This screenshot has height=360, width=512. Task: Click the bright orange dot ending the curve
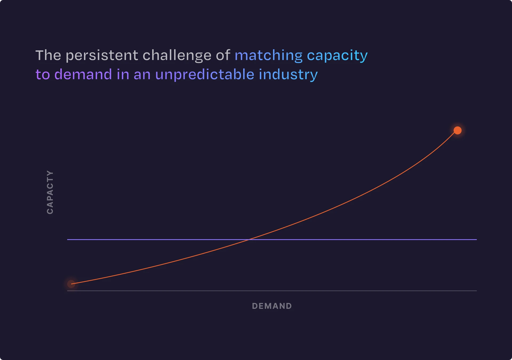pyautogui.click(x=458, y=130)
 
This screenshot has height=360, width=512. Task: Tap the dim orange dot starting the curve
pyautogui.click(x=71, y=284)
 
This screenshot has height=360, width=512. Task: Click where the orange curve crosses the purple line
pyautogui.click(x=249, y=239)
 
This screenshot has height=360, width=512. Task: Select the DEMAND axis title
pyautogui.click(x=272, y=306)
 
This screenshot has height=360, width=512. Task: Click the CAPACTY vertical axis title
pyautogui.click(x=50, y=192)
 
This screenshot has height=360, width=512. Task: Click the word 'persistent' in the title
pyautogui.click(x=102, y=55)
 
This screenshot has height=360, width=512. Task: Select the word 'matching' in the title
pyautogui.click(x=269, y=55)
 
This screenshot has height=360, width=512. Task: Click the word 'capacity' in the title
pyautogui.click(x=337, y=55)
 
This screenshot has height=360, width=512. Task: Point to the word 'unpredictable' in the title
pyautogui.click(x=205, y=74)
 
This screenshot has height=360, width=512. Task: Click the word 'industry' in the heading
pyautogui.click(x=288, y=74)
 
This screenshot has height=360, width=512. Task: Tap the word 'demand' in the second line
pyautogui.click(x=83, y=74)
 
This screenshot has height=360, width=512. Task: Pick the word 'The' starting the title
pyautogui.click(x=48, y=55)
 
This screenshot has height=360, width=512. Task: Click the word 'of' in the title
pyautogui.click(x=223, y=55)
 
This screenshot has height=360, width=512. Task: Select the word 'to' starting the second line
pyautogui.click(x=43, y=74)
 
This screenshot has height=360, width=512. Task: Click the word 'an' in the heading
pyautogui.click(x=142, y=75)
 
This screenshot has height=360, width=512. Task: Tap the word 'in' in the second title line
pyautogui.click(x=123, y=74)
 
